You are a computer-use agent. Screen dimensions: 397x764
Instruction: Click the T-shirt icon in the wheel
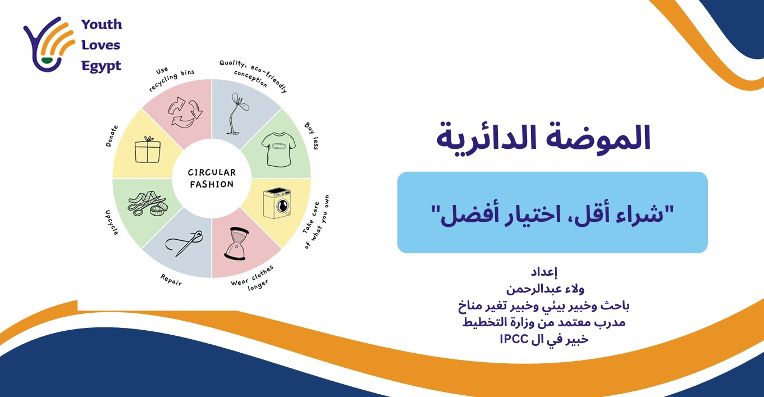point(278,149)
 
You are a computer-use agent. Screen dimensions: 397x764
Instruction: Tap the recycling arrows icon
point(185,110)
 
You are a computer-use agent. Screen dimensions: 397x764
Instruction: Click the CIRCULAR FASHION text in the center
point(212,179)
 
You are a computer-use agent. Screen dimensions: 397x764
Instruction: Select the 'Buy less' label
point(312,135)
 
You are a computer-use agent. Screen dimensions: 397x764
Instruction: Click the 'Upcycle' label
point(111,222)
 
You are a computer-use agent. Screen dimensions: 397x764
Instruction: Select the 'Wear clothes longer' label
point(253,276)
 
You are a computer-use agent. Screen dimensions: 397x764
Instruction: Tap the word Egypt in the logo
point(101,66)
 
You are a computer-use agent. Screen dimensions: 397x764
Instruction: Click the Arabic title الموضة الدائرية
point(543,138)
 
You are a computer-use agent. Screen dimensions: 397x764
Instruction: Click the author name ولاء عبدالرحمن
point(543,290)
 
